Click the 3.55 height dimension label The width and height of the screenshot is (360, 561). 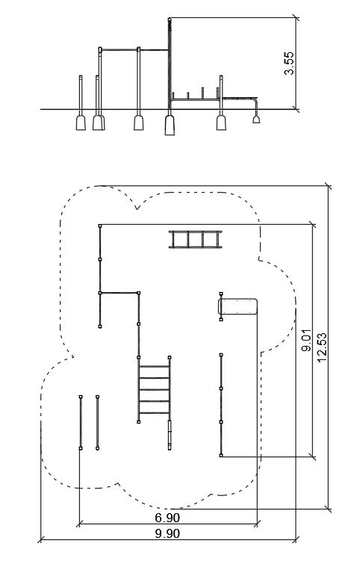(x=289, y=63)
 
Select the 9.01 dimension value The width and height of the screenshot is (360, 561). (x=307, y=340)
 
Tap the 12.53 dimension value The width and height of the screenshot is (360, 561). (x=322, y=347)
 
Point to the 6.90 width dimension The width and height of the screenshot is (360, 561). (x=167, y=518)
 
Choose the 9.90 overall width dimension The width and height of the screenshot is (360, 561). (x=167, y=534)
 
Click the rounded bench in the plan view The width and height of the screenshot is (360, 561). (x=238, y=306)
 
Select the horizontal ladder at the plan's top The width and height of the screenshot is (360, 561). (x=196, y=239)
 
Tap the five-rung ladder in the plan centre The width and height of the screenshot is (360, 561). (x=154, y=390)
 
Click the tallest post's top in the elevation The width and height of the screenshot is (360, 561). (x=170, y=19)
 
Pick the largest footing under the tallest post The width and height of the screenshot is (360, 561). (x=170, y=125)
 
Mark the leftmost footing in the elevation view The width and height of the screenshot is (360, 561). (x=81, y=123)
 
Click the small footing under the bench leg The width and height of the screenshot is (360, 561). (x=256, y=120)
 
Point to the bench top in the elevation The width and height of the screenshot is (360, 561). (x=240, y=98)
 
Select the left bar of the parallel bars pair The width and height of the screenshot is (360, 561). (x=81, y=423)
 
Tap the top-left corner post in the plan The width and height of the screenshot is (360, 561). (x=100, y=226)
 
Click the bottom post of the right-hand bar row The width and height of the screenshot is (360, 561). (x=221, y=455)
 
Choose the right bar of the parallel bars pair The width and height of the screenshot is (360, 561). (x=97, y=423)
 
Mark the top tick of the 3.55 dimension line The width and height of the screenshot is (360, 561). (x=296, y=17)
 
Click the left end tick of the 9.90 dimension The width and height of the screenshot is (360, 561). (x=42, y=539)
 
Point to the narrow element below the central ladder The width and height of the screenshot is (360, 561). (x=170, y=435)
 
